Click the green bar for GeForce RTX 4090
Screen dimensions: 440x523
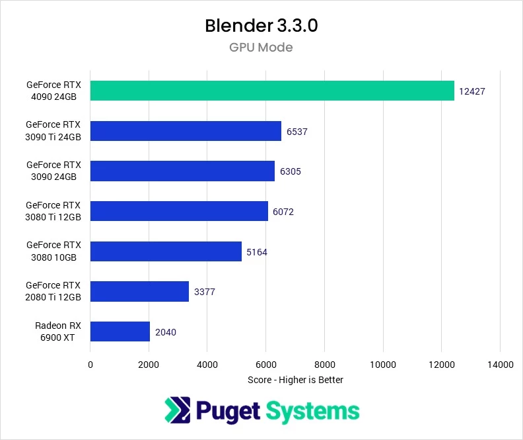coord(272,91)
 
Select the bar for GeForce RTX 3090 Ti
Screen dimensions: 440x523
coord(186,131)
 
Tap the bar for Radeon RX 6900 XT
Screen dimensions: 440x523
coord(120,331)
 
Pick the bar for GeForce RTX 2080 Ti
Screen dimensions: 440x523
coord(139,291)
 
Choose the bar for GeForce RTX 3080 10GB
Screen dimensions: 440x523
coord(166,251)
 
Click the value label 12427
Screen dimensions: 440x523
coord(473,91)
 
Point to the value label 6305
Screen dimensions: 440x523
coord(291,171)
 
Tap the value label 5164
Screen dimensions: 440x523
coord(258,252)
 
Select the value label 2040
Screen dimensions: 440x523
coord(166,332)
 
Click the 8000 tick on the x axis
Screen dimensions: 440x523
coord(324,365)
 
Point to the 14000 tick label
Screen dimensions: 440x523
coord(500,365)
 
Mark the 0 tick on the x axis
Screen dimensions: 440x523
coord(90,365)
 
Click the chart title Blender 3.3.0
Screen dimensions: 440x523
coord(261,26)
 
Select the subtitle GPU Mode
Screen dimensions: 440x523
coord(261,48)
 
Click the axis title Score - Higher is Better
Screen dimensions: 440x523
coord(295,380)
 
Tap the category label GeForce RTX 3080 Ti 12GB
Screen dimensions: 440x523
coord(53,211)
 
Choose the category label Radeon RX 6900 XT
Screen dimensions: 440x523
coord(54,331)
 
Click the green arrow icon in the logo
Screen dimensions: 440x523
coord(176,410)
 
